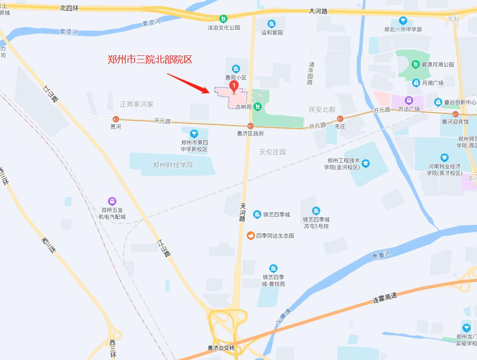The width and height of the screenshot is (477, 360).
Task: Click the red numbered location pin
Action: pos(234,86)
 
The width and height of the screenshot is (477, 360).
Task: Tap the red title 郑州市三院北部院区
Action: pos(150,59)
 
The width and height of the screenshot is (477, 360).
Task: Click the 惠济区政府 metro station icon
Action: pos(250,126)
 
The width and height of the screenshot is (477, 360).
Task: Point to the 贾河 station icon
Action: pos(116,119)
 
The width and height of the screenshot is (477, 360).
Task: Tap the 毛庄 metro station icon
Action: pos(340,119)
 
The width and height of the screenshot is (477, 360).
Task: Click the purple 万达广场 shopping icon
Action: pos(409,100)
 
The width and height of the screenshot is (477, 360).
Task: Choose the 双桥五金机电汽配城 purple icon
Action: pos(112,201)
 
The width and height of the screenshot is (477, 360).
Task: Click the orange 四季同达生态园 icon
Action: pos(251,235)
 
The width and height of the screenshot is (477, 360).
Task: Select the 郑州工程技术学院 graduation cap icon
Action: pos(365,163)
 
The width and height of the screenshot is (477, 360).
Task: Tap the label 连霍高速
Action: pos(385,297)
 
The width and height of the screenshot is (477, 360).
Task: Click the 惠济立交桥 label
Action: pos(221,348)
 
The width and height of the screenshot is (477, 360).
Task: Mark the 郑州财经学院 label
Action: pos(173,165)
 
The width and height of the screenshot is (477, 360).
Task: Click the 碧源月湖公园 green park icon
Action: pos(416,64)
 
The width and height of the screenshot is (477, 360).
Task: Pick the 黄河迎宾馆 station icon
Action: pos(455,114)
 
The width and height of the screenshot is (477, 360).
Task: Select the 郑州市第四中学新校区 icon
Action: pos(194,134)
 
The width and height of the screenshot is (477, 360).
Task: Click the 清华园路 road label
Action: pos(310,73)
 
